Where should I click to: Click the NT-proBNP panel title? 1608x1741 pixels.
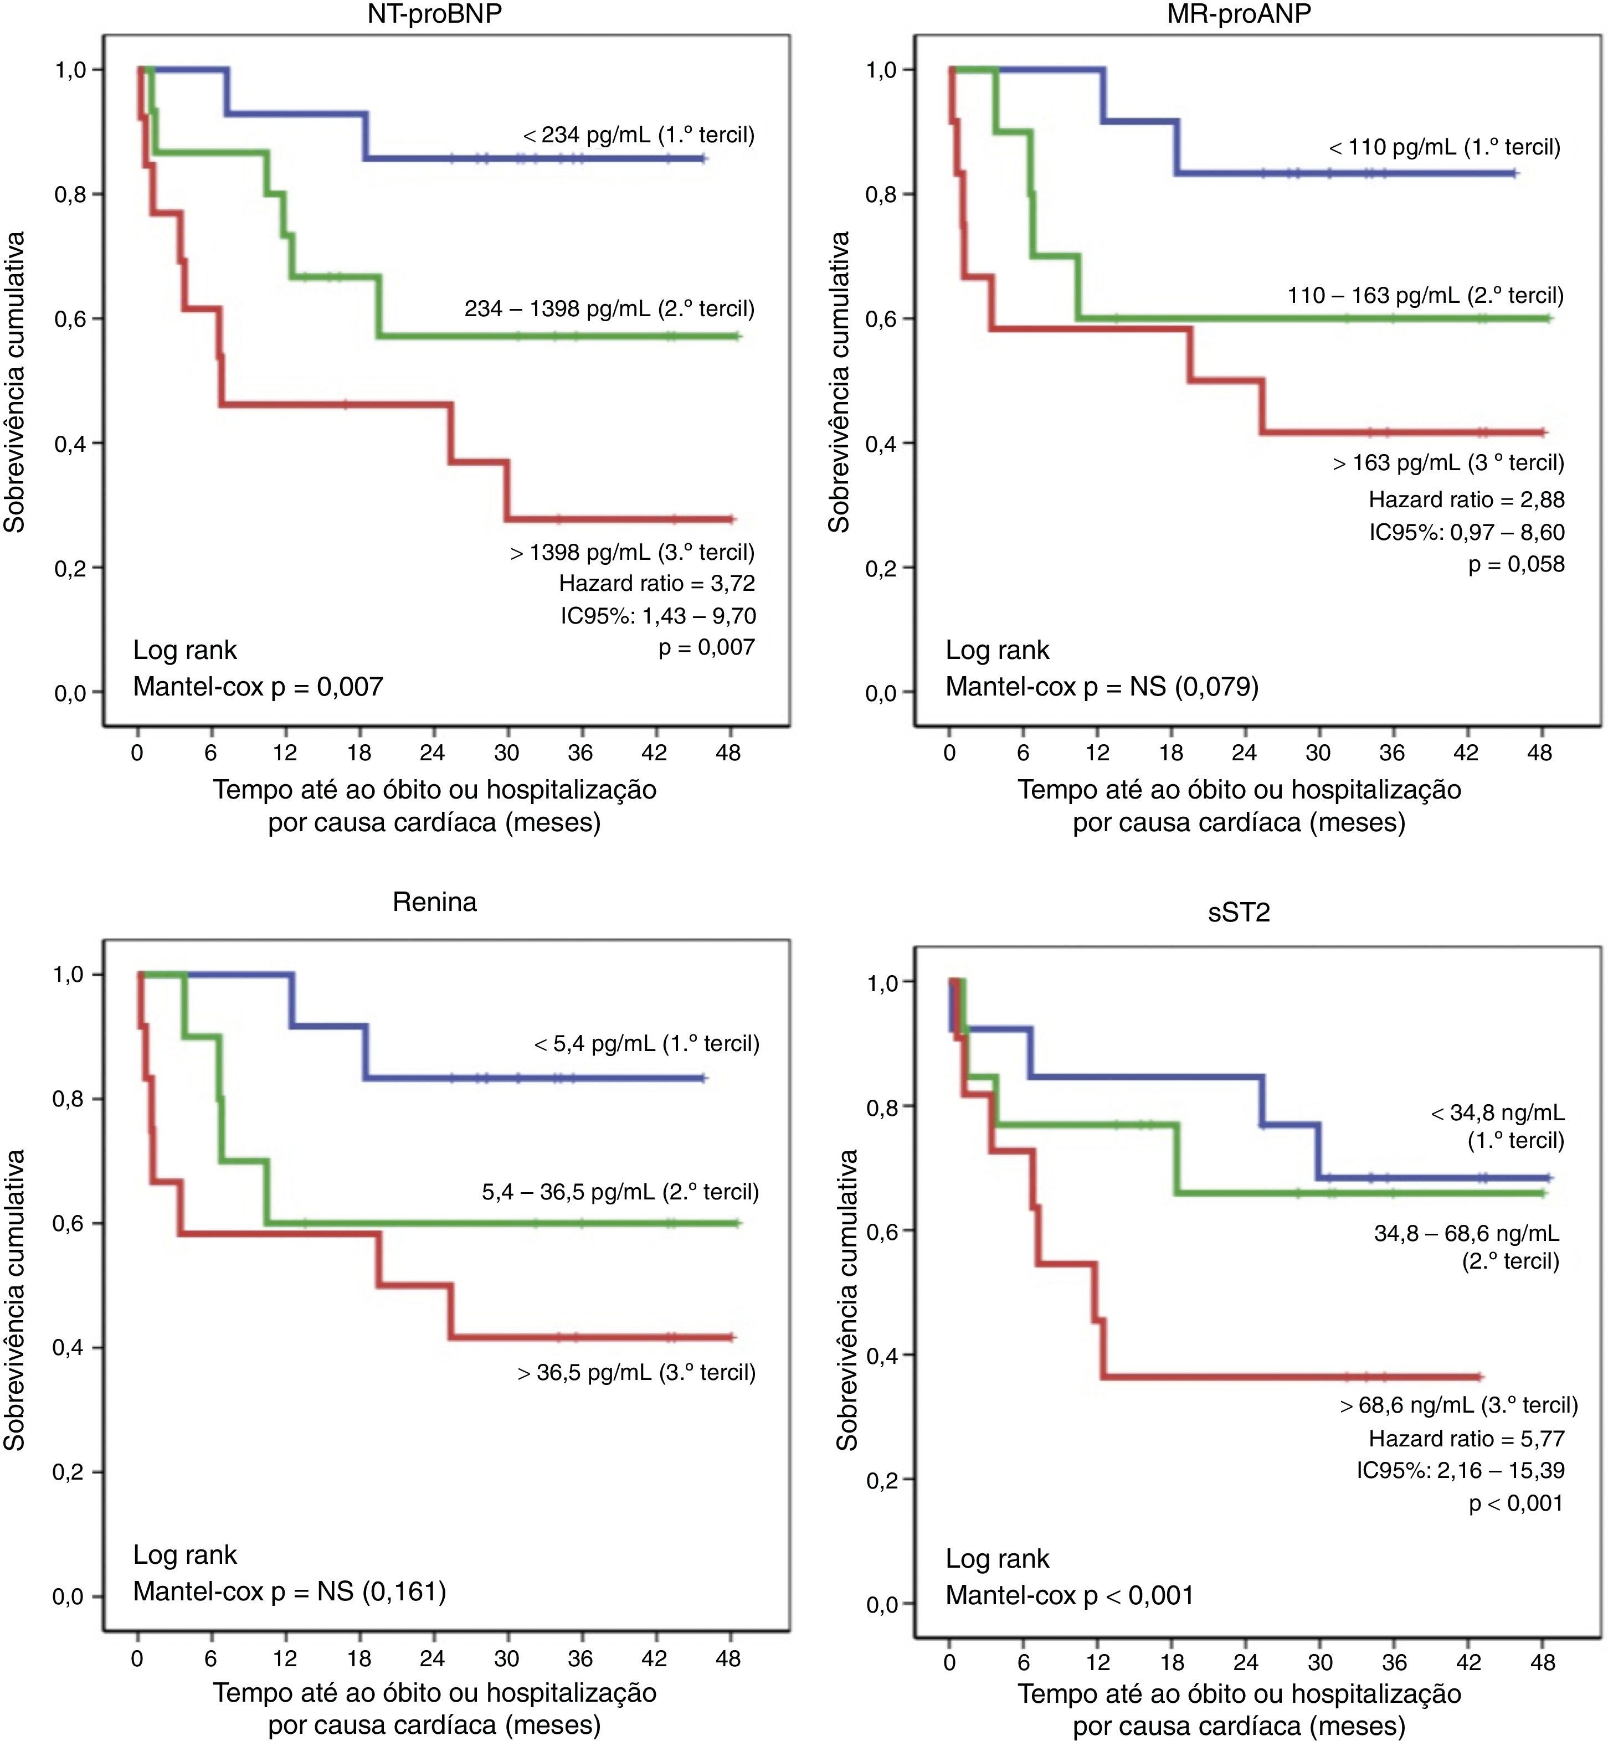coord(434,14)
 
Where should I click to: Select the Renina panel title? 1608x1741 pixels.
coord(434,902)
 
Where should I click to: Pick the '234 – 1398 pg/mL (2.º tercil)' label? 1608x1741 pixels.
coord(609,309)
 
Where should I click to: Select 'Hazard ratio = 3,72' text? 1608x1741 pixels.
coord(657,583)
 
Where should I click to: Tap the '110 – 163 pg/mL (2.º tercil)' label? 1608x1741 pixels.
coord(1425,296)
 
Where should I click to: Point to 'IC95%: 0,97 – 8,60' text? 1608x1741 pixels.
coord(1466,533)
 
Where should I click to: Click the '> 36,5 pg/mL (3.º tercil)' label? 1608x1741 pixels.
coord(636,1372)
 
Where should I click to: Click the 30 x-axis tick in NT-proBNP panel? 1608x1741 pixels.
coord(506,753)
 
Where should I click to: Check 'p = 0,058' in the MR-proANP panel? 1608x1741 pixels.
coord(1515,565)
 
